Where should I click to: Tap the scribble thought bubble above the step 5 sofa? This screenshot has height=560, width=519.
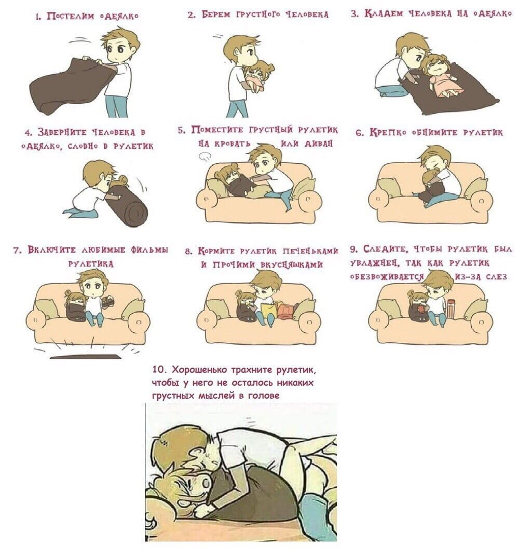tap(205, 156)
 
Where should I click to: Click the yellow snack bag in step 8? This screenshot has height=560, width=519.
tap(268, 310)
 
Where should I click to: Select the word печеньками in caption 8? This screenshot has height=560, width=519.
tap(310, 251)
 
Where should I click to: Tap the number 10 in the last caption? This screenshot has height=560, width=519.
tap(158, 369)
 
